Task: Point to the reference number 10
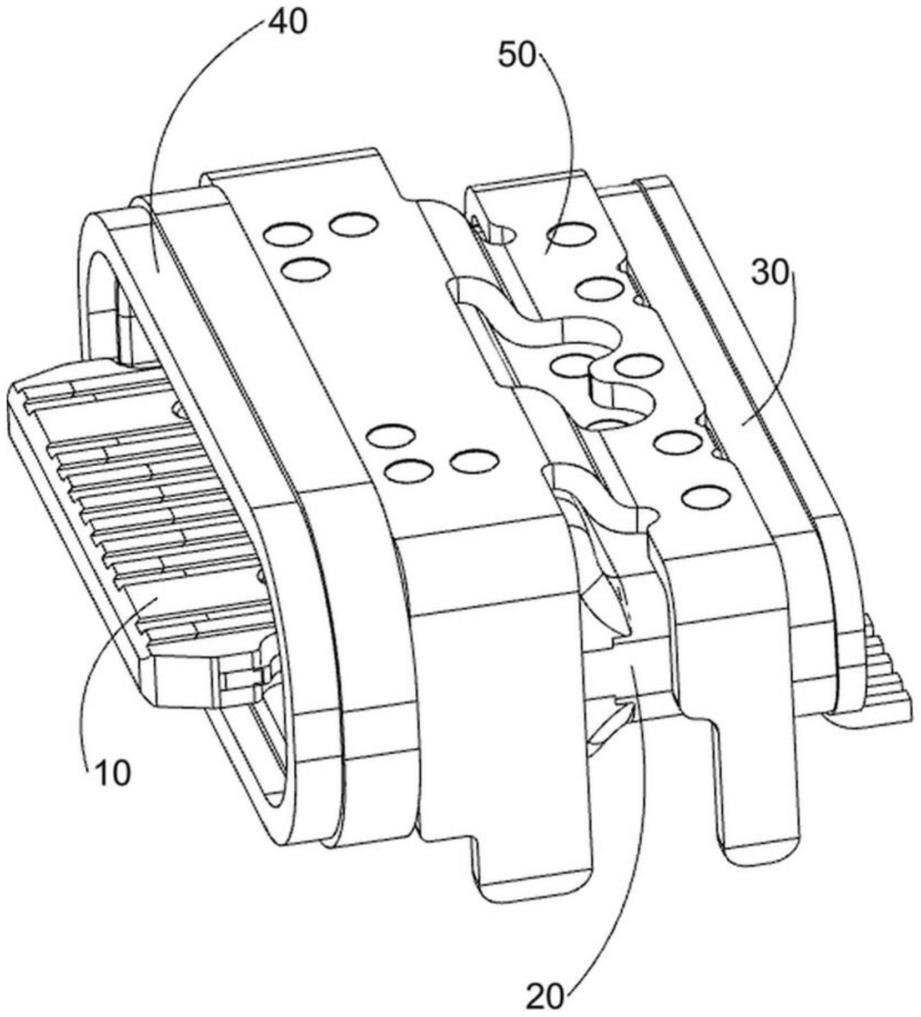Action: coord(113,772)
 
